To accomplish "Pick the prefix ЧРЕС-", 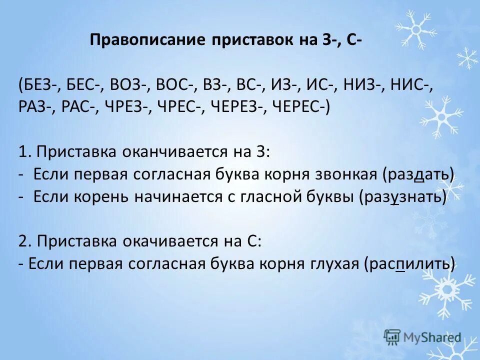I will (x=180, y=106).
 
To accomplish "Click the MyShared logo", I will (x=422, y=336).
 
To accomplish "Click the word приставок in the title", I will (x=242, y=40).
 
